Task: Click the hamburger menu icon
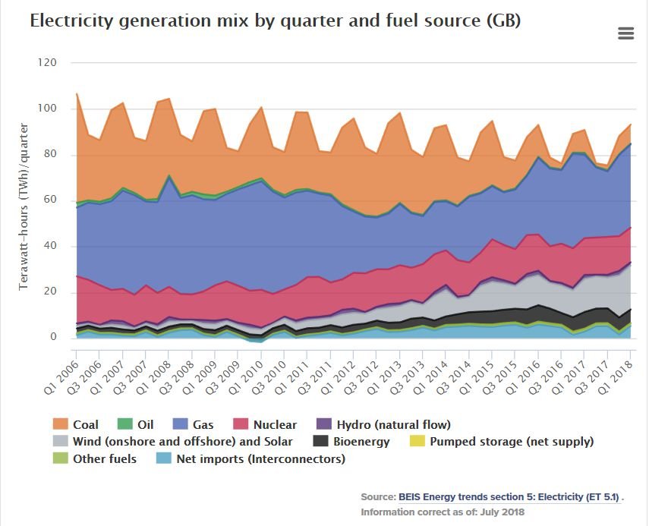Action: coord(625,33)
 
